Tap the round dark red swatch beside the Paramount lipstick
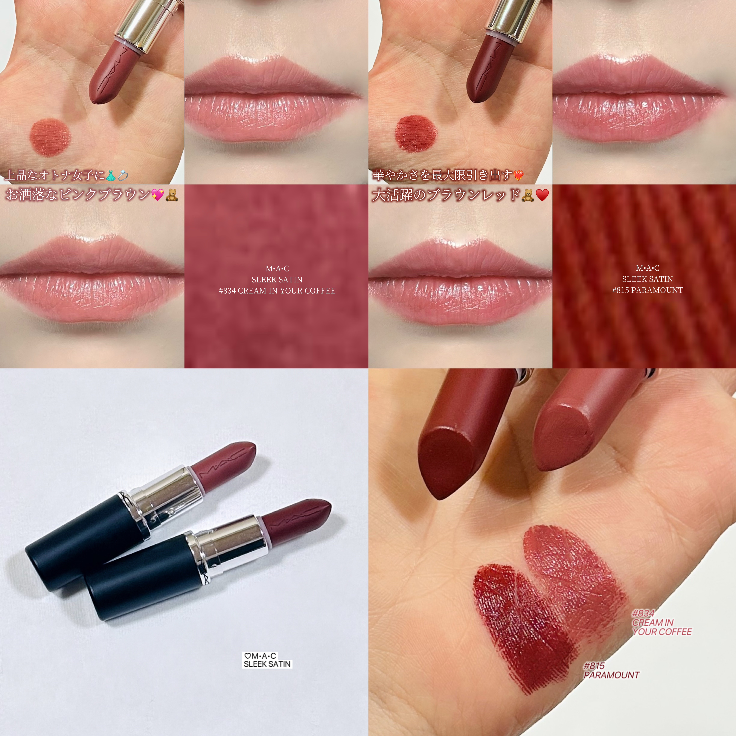(416, 132)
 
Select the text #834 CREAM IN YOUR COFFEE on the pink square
(277, 291)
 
